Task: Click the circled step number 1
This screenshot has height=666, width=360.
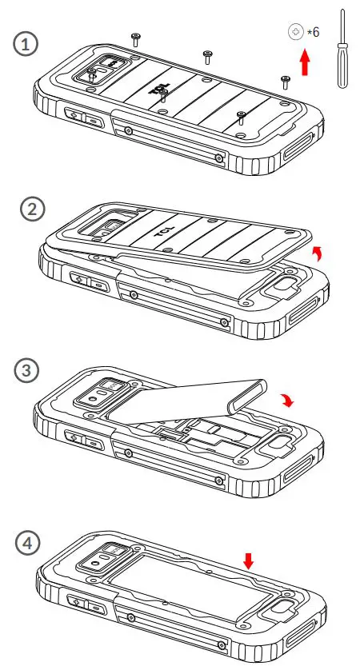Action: (28, 45)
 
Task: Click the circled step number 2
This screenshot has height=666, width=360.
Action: (31, 210)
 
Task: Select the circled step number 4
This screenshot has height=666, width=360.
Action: (28, 544)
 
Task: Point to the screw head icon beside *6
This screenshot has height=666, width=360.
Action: (296, 32)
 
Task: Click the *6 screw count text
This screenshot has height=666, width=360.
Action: (314, 32)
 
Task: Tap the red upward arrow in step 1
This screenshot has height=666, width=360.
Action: (305, 63)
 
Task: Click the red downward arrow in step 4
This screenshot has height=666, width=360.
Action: (248, 561)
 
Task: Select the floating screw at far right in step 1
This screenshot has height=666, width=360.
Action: (286, 79)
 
